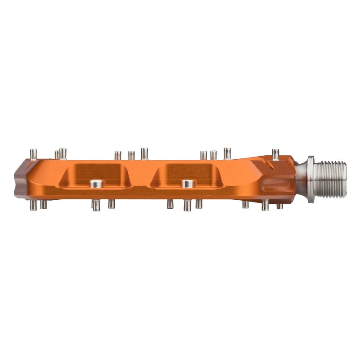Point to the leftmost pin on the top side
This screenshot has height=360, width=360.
(33, 153)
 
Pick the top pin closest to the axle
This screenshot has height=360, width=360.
(275, 154)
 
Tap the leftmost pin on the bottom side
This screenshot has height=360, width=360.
(33, 205)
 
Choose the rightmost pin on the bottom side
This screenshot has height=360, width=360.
(279, 206)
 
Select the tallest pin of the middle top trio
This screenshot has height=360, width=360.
(144, 153)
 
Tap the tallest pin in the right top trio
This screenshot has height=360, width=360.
(227, 153)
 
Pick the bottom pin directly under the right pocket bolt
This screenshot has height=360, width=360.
(187, 206)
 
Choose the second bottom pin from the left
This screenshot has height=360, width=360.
(44, 205)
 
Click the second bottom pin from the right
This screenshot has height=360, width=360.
(265, 205)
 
